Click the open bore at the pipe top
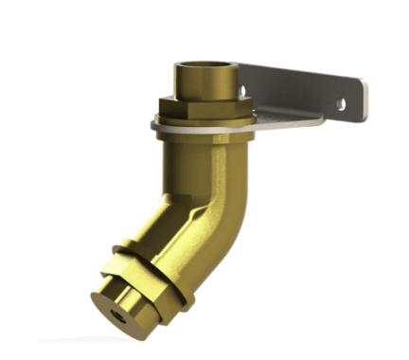[204, 66]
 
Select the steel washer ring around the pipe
[167, 123]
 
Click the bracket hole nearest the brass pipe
[243, 91]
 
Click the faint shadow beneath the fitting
[104, 339]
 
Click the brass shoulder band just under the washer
[199, 135]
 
